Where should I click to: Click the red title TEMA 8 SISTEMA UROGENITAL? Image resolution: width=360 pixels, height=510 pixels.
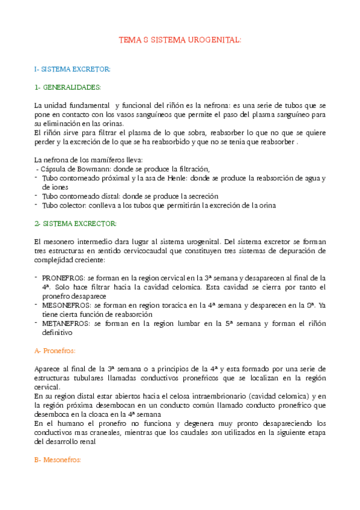[x=180, y=40]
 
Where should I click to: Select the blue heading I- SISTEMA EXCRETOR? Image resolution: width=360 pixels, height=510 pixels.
[x=72, y=70]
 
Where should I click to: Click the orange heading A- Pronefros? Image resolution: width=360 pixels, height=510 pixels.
[x=55, y=351]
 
